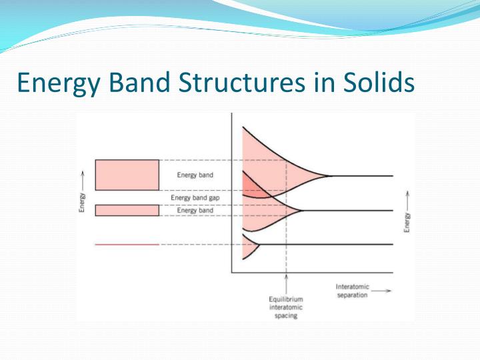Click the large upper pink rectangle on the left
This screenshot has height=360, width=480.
(127, 175)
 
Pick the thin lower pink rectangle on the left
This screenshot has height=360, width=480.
(127, 210)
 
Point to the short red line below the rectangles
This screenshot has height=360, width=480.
(127, 245)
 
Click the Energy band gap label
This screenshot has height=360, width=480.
(195, 197)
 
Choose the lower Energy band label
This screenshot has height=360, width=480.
(195, 210)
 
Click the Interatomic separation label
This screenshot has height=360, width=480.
(352, 291)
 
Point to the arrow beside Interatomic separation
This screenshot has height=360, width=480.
(381, 291)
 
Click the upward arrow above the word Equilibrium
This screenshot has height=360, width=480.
(286, 283)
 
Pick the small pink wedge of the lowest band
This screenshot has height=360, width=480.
(249, 249)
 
